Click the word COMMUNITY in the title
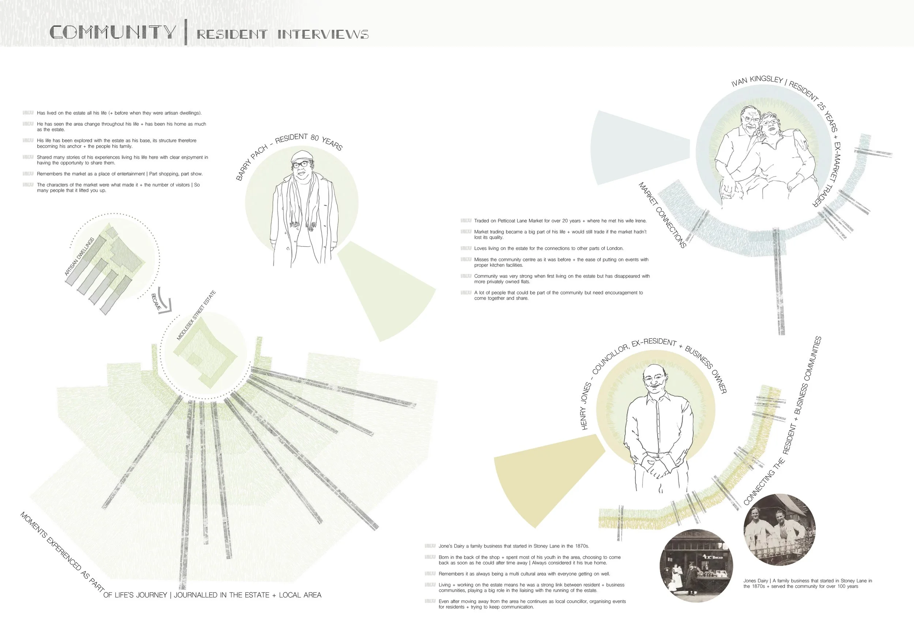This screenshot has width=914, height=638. tap(113, 32)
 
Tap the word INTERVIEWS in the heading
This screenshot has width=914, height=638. tap(323, 34)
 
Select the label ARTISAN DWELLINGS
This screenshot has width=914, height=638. tap(79, 256)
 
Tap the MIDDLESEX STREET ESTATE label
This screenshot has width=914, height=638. tap(196, 315)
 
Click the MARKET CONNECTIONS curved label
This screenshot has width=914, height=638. tap(662, 215)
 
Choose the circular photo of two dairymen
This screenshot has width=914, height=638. tap(779, 530)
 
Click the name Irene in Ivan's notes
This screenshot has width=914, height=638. tap(640, 221)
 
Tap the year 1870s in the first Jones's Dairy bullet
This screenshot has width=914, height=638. tap(581, 546)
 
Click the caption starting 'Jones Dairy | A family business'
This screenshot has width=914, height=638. tap(807, 583)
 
